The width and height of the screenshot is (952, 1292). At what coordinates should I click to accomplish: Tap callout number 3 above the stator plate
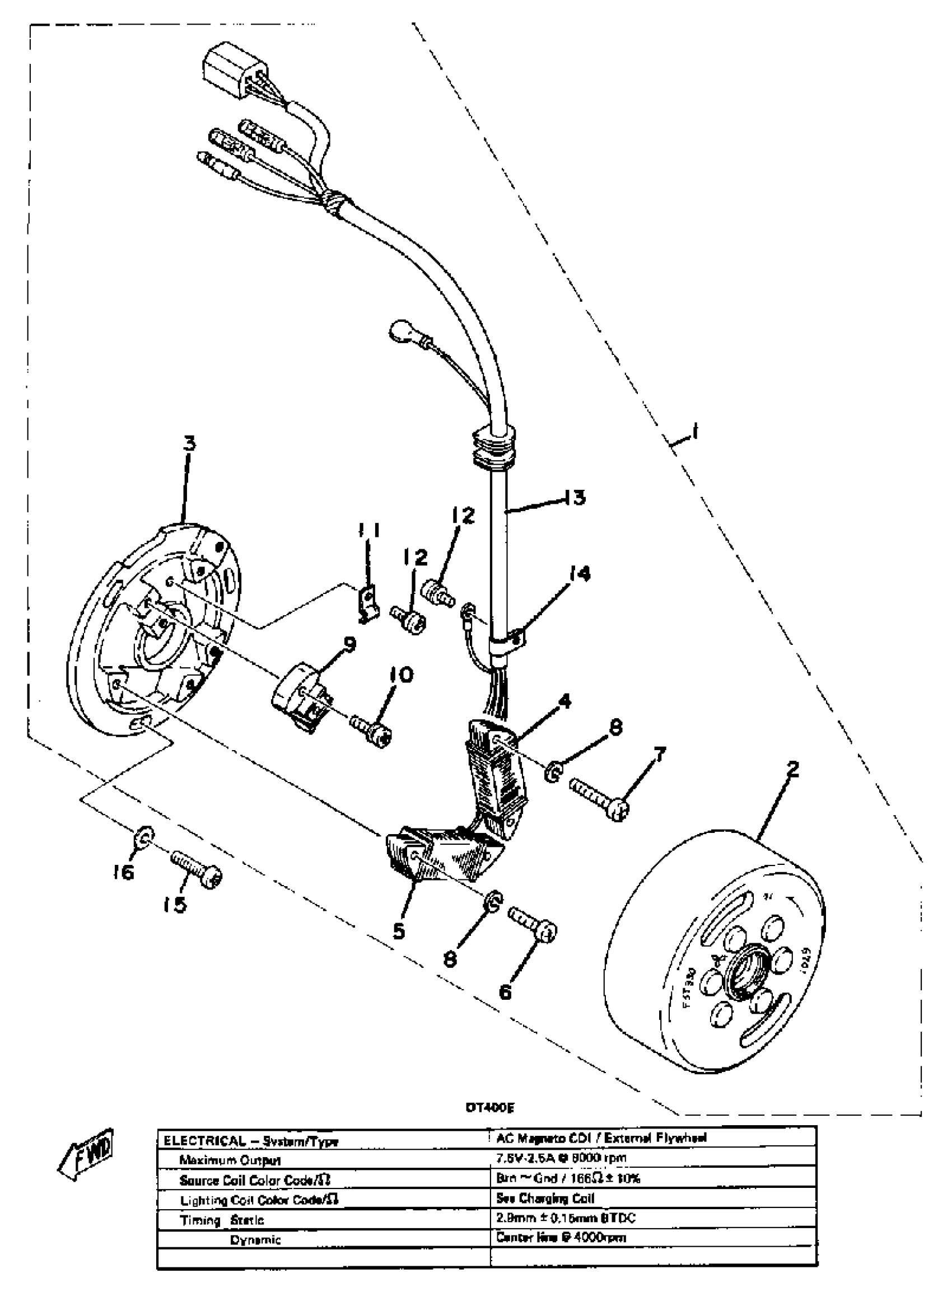189,443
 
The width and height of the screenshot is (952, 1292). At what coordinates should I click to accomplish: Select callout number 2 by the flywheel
794,769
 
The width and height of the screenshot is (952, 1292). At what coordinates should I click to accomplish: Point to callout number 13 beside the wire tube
574,497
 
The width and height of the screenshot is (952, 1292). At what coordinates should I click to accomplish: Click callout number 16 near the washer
123,872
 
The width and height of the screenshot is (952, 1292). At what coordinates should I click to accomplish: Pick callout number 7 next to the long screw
659,753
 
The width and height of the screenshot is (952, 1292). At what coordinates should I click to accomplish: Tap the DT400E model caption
490,1107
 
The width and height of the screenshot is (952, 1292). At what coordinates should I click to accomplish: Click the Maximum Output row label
230,1160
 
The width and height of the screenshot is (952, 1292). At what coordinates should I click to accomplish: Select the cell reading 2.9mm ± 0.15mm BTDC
566,1218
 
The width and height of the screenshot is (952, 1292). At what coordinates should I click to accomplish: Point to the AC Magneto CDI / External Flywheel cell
601,1137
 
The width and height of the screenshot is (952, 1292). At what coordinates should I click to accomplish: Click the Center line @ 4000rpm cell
561,1237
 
